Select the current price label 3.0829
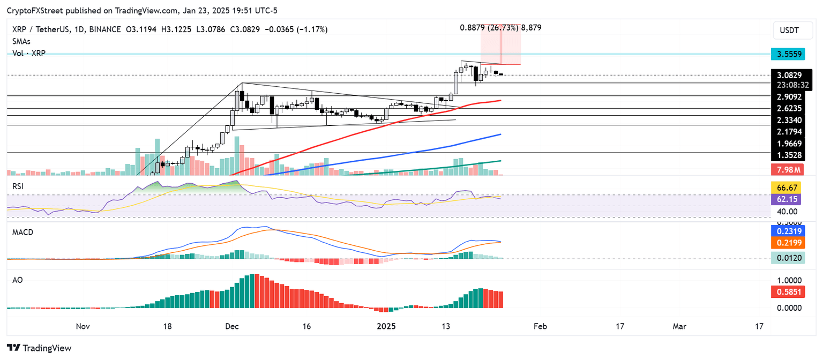(789, 76)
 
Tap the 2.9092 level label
(789, 97)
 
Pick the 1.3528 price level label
(789, 155)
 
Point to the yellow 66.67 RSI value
(789, 187)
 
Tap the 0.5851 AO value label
(789, 292)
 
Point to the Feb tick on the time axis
(541, 326)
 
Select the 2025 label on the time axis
(386, 326)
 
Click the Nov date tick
(82, 326)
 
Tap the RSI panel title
(19, 186)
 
